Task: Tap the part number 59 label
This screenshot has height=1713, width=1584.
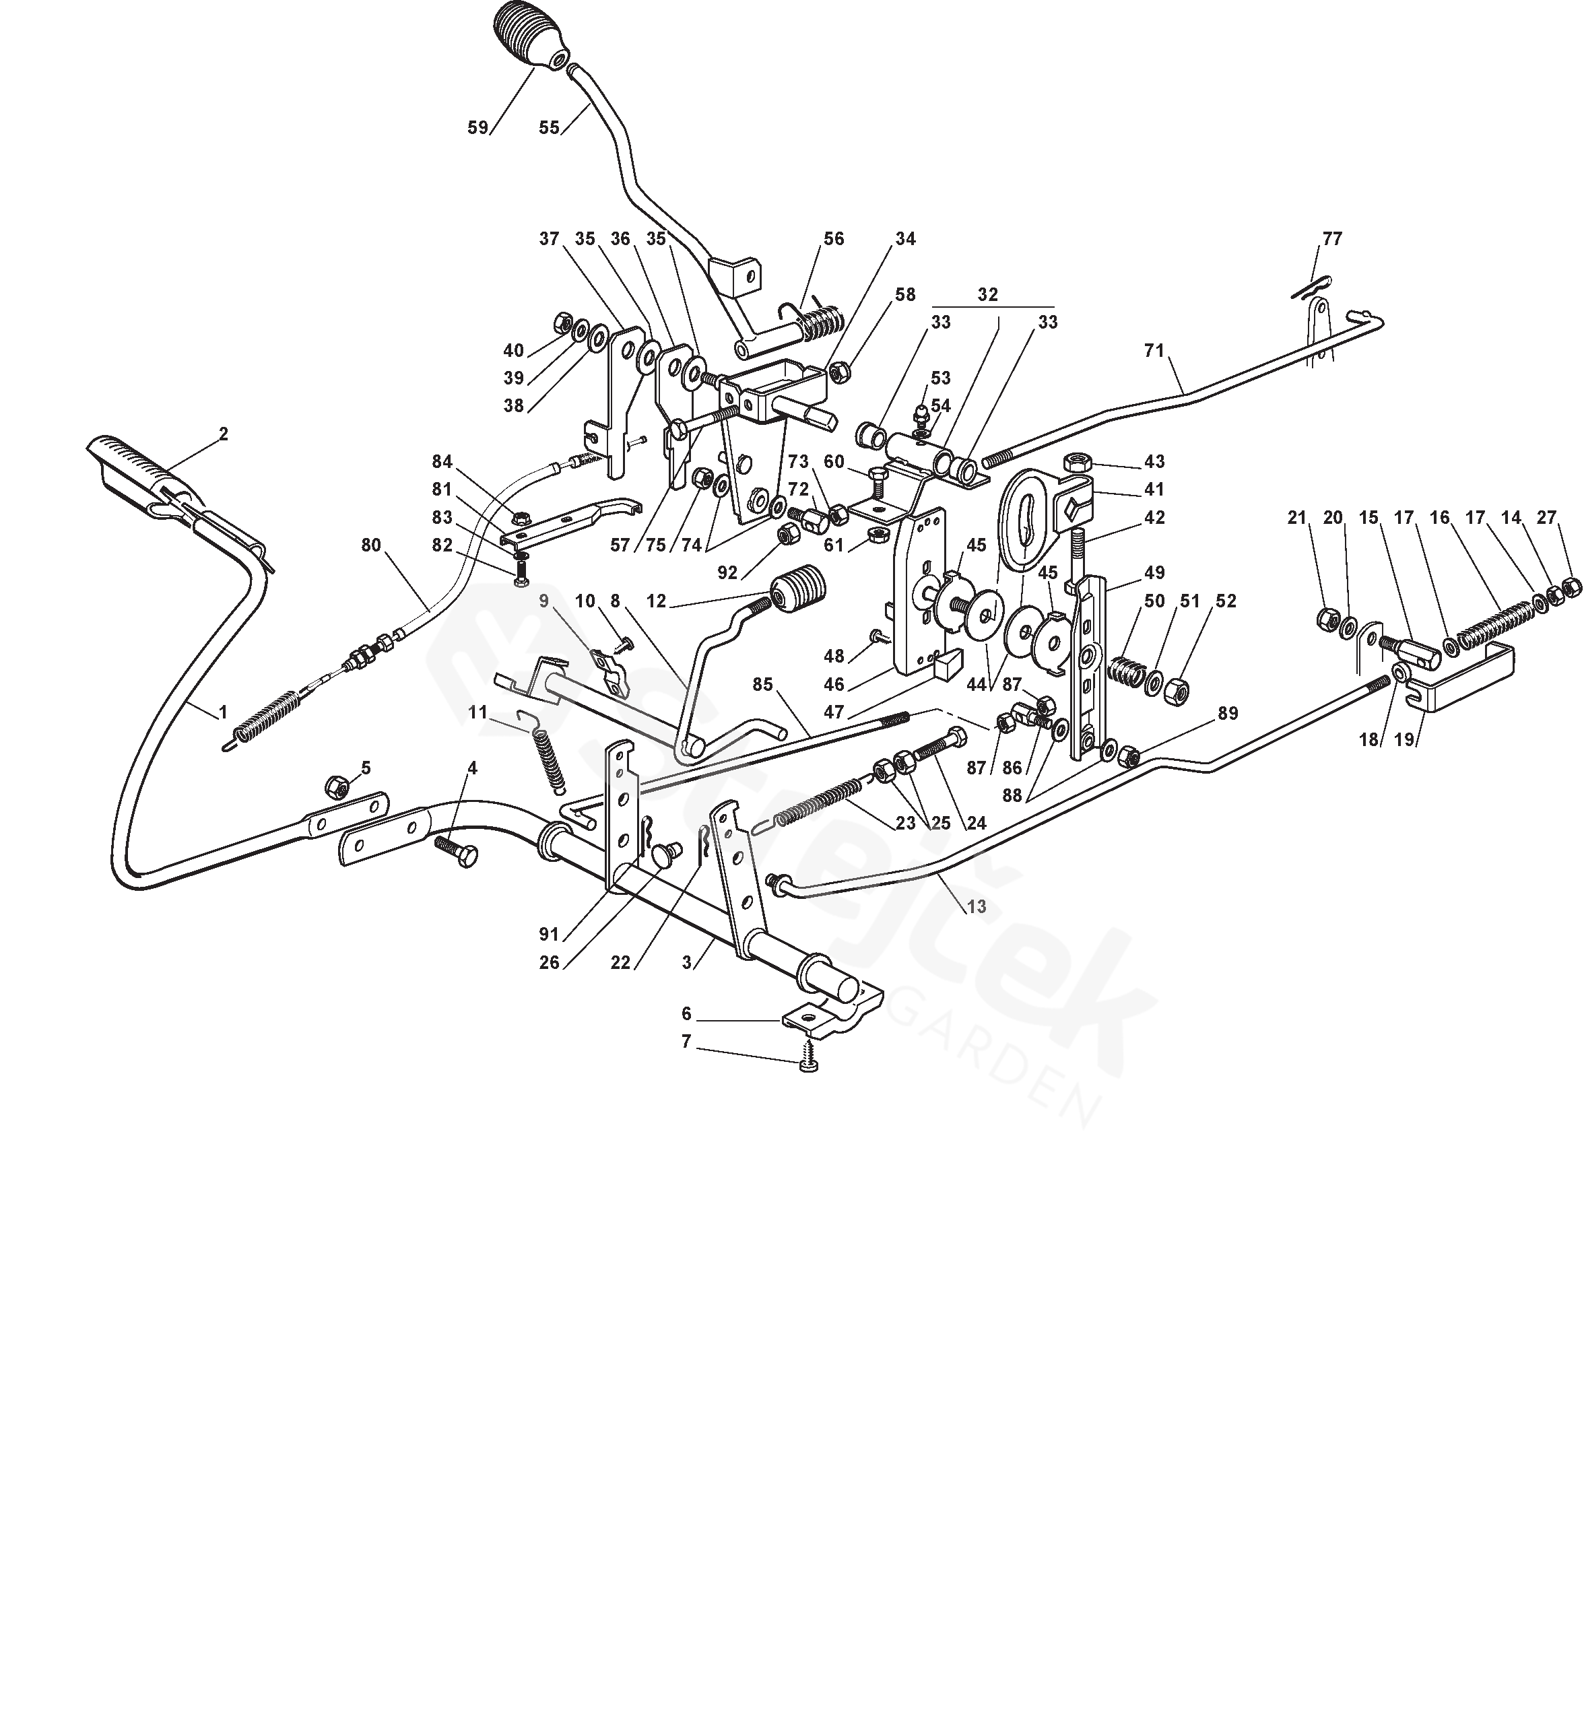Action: tap(477, 128)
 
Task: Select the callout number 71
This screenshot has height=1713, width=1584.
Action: tap(1154, 349)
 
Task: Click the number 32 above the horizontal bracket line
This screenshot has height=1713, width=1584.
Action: tap(987, 294)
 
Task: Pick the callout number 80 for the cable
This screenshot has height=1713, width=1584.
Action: tap(370, 545)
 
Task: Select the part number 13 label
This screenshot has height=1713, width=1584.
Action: tap(977, 906)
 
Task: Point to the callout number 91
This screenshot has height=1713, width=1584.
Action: tap(550, 935)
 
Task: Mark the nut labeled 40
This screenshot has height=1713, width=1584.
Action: tap(563, 323)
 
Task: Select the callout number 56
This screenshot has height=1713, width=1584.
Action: tap(833, 239)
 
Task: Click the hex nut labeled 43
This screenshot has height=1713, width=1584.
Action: tap(1076, 463)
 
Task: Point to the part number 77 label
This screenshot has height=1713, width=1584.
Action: tap(1332, 239)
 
